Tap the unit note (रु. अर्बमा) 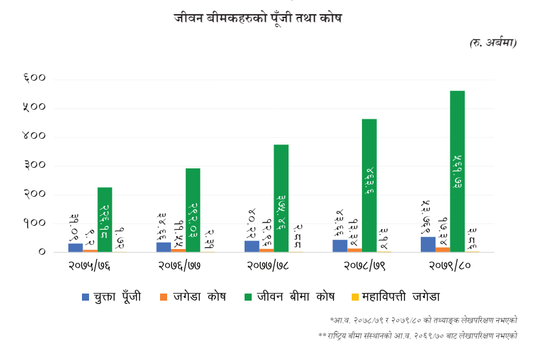pos(493,43)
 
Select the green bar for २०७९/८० pos(458,171)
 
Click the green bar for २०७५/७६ pos(105,219)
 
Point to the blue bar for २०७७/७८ pos(252,246)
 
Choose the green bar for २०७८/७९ pos(369,185)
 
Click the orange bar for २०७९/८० pos(443,249)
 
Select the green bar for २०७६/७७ pos(193,210)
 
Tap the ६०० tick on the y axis pos(34,78)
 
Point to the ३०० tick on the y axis pos(34,165)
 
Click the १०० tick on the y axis pos(34,223)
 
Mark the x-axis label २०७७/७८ pos(267,265)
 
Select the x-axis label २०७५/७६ pos(90,265)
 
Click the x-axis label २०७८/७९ pos(354,265)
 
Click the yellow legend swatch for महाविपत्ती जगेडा pos(354,297)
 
